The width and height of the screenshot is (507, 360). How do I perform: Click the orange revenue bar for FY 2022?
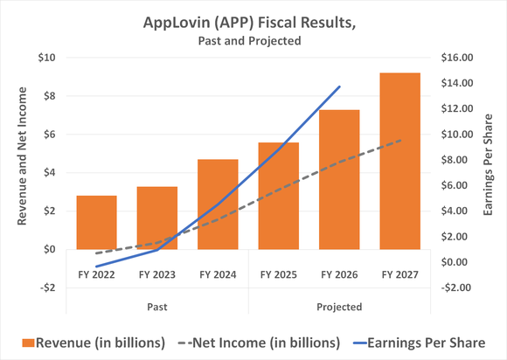[x=96, y=222]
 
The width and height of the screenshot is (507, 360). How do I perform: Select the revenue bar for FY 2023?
[x=157, y=218]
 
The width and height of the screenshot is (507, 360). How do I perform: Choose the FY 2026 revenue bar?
[x=339, y=179]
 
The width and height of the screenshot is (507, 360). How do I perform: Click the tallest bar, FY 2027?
[x=399, y=161]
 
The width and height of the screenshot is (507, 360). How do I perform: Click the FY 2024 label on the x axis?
[x=218, y=274]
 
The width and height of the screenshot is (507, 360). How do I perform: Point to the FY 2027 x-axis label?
[x=399, y=274]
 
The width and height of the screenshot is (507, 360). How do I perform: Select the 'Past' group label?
[x=157, y=307]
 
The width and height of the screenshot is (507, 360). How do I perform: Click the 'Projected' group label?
[x=339, y=307]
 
